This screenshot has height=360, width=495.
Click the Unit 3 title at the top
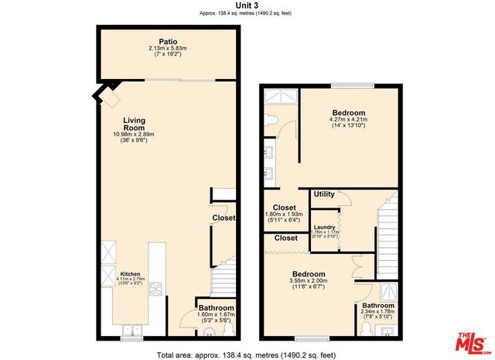247,5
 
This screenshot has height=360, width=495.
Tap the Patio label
169,42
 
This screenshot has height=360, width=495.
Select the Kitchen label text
129,274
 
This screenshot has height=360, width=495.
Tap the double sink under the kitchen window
131,329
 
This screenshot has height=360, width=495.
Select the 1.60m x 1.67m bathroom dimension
216,315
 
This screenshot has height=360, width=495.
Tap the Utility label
323,194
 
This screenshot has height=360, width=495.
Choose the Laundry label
323,227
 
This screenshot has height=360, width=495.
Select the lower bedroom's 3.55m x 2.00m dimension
307,281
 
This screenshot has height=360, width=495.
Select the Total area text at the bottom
247,354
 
